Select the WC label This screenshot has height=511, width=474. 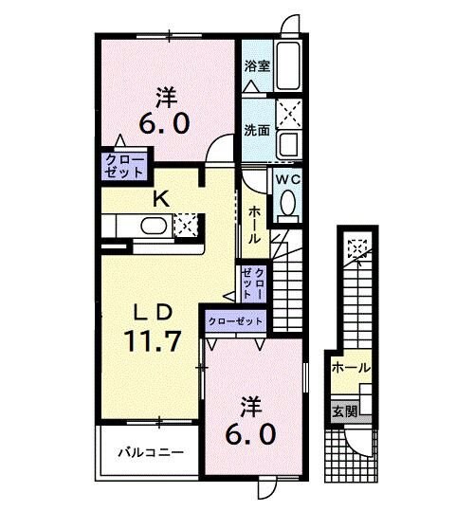click(287, 178)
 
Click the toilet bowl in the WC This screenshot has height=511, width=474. click(287, 203)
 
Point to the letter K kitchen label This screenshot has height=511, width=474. click(161, 199)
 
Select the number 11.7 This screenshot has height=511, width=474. click(148, 341)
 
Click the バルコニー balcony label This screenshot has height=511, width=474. click(150, 453)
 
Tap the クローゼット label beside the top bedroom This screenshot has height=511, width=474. click(124, 166)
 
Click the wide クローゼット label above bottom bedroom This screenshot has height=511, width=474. click(236, 322)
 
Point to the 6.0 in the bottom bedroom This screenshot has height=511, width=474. click(250, 435)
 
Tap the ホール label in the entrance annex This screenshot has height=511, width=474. click(351, 368)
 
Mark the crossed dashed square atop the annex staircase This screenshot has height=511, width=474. click(357, 247)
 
